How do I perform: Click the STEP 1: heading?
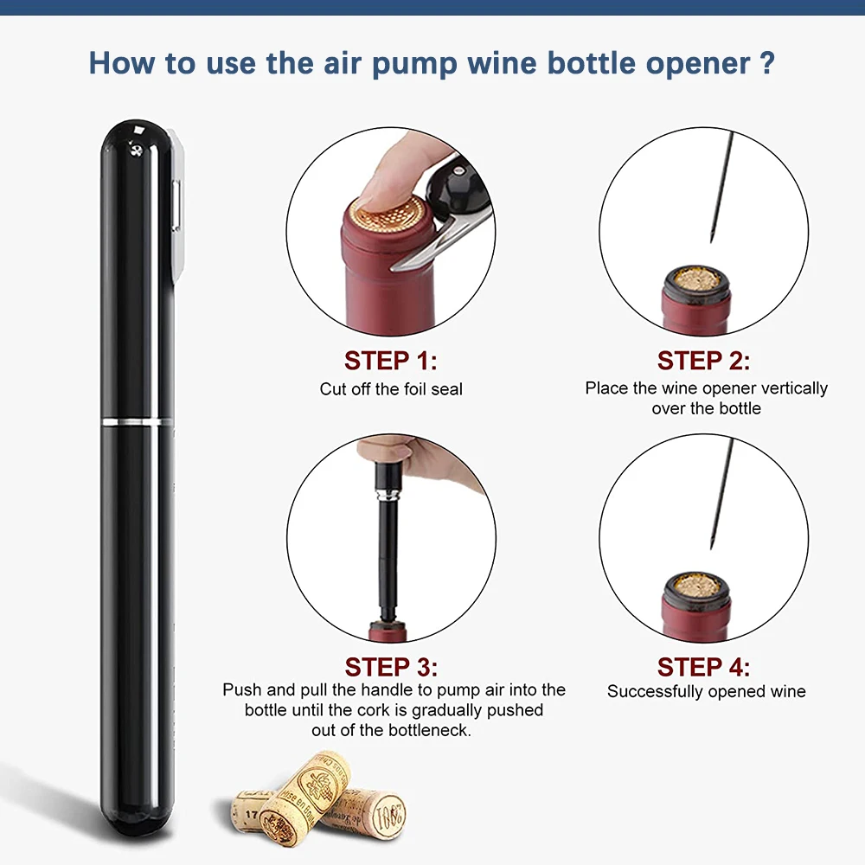pyautogui.click(x=391, y=360)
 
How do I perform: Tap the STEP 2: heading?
pyautogui.click(x=703, y=360)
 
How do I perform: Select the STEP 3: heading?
pyautogui.click(x=391, y=667)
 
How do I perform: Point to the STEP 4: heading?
pyautogui.click(x=703, y=667)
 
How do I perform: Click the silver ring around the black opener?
pyautogui.click(x=137, y=421)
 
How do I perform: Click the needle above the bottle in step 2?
pyautogui.click(x=721, y=186)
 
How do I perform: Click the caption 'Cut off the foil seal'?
pyautogui.click(x=391, y=389)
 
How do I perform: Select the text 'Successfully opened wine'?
pyautogui.click(x=706, y=692)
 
